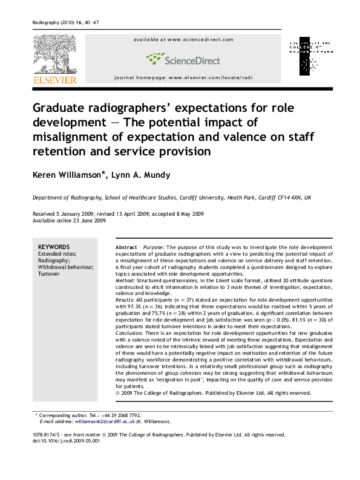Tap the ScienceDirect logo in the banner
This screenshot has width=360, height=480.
183,59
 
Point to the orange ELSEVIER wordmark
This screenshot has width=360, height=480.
54,80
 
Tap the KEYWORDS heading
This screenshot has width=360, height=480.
54,247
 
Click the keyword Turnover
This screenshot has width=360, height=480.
49,274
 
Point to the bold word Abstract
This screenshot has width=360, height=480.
126,248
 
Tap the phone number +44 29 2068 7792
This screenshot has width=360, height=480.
122,415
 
